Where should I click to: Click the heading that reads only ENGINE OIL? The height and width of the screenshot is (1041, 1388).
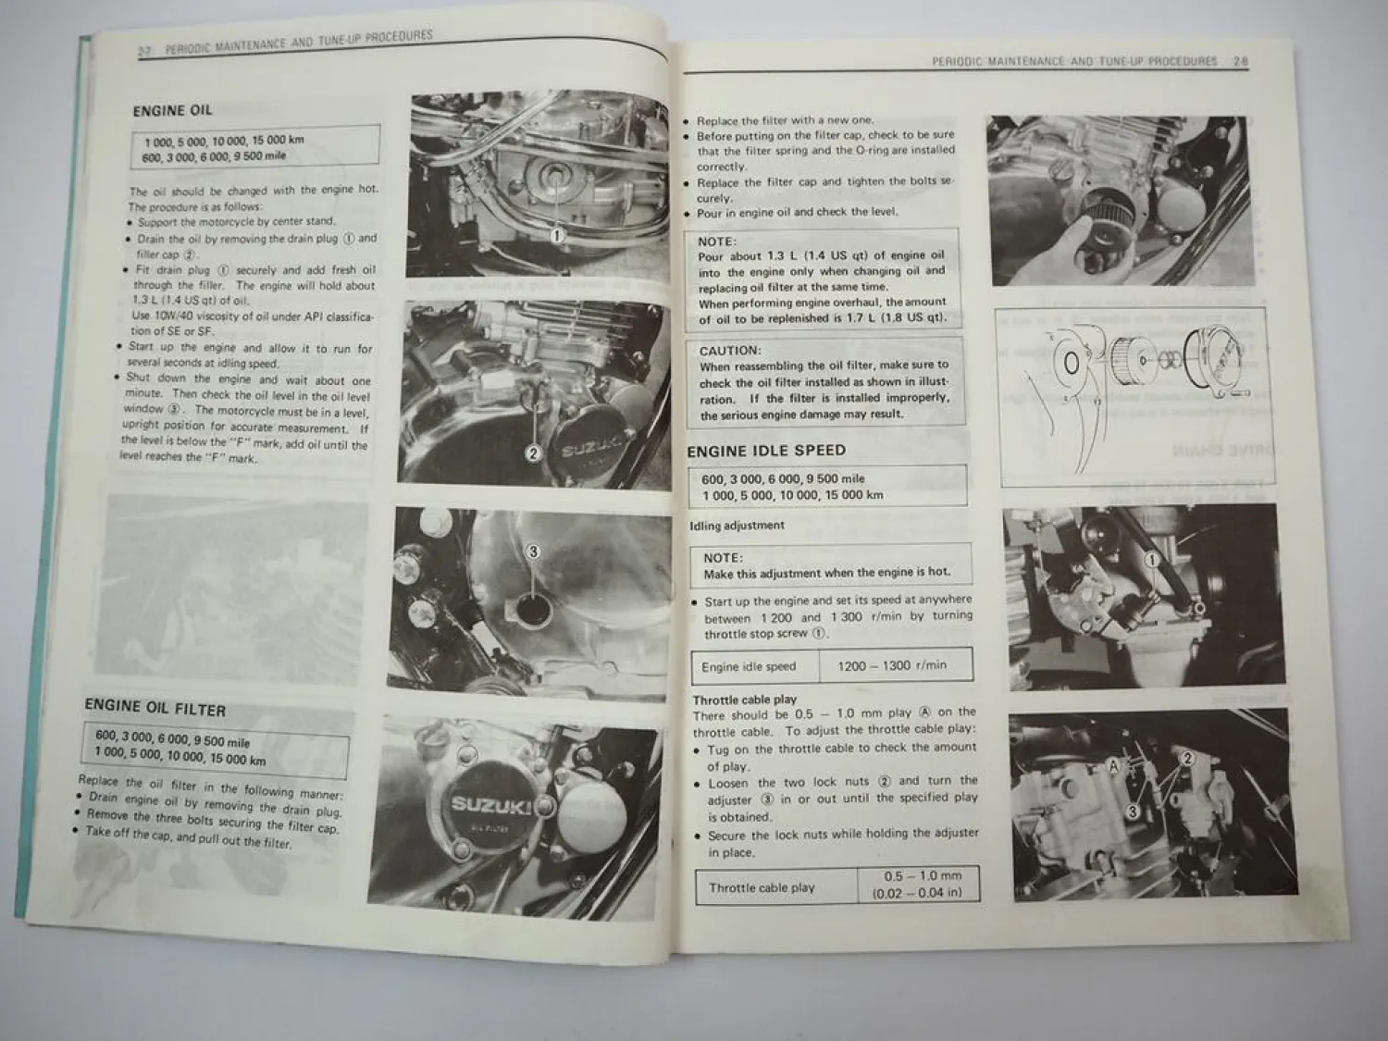click(172, 110)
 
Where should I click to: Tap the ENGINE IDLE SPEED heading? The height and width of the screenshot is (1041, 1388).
click(766, 451)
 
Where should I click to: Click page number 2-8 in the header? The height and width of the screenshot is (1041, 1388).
click(1241, 62)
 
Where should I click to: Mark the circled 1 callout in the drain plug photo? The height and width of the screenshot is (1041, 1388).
click(557, 236)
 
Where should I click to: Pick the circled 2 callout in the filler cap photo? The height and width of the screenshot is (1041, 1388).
click(533, 453)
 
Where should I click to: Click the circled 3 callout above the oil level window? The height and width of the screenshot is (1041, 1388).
click(532, 552)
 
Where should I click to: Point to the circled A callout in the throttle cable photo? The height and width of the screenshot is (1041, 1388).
click(1114, 767)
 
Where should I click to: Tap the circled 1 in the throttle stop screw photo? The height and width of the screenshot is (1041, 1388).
click(1152, 560)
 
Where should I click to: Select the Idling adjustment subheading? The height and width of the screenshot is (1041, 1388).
click(737, 526)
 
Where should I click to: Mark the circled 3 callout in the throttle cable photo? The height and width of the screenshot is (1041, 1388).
click(1132, 812)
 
